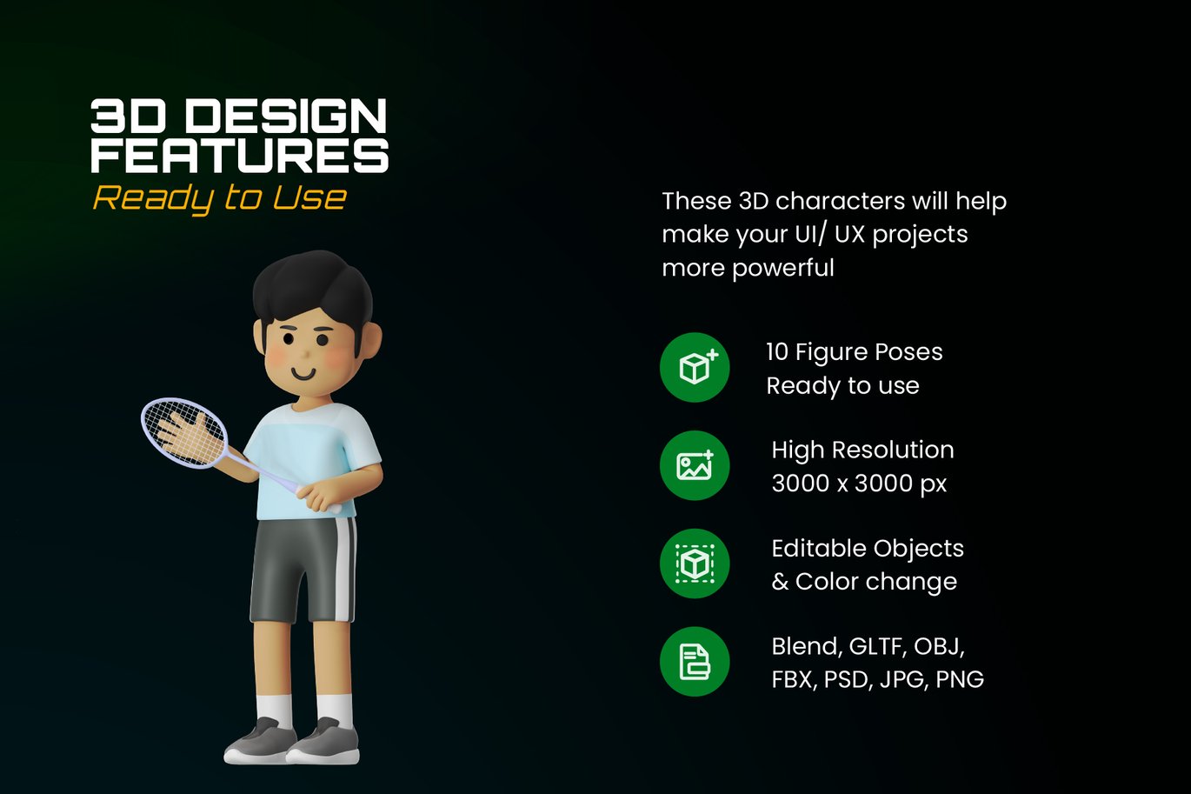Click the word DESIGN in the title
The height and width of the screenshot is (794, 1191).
pos(286,116)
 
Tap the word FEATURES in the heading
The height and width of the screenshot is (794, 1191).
pos(240,155)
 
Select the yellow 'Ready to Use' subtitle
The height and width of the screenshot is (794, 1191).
pos(220,198)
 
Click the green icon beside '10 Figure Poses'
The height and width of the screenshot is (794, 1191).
pos(695,367)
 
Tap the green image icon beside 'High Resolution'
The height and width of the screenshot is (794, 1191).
pos(695,465)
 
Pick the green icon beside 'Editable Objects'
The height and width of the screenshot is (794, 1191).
pos(695,564)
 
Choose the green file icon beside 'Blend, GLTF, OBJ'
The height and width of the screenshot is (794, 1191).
pos(695,662)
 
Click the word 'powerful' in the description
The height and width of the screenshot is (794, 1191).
pos(783,268)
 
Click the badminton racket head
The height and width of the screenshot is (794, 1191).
pos(184,433)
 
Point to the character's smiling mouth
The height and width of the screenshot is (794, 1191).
pos(303,373)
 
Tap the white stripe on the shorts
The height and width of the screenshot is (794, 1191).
pos(346,569)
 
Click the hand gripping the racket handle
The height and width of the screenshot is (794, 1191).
pos(320,497)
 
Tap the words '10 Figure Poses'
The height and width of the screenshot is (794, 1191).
pos(855,352)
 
